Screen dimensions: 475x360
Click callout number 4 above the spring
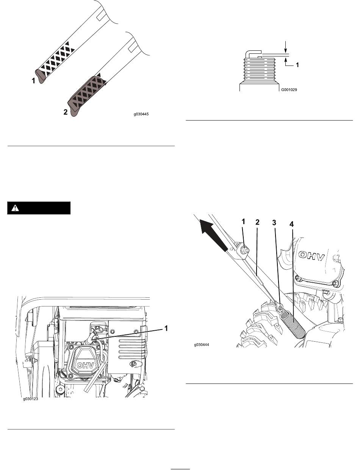[291, 224]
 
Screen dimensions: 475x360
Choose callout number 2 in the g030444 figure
[257, 222]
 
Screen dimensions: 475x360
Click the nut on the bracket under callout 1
[245, 250]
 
